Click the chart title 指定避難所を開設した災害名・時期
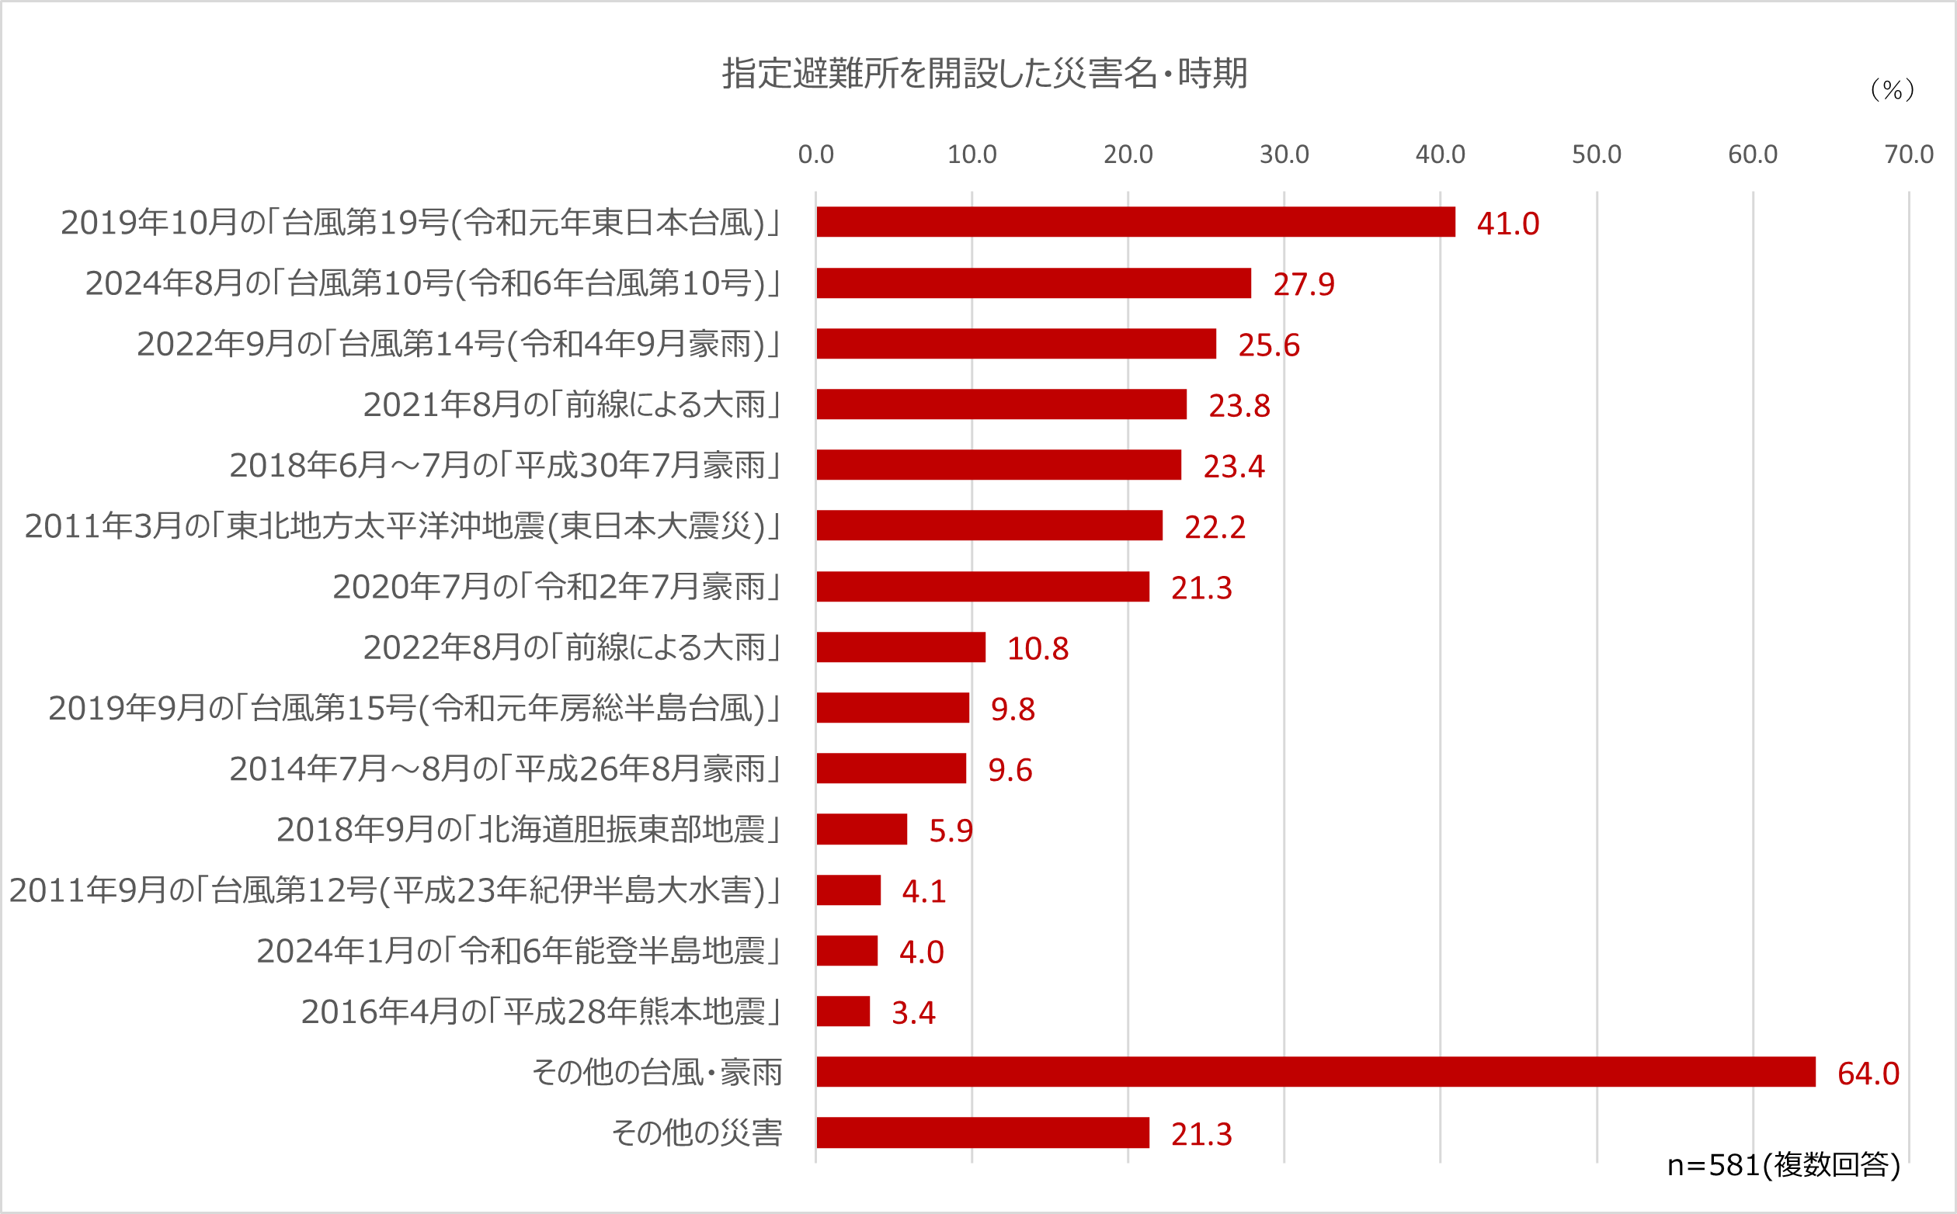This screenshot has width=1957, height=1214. coord(984,74)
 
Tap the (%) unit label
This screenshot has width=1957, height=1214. coord(1892,90)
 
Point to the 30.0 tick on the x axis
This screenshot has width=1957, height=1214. coord(1283,154)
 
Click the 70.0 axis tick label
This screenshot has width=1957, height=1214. coord(1908,154)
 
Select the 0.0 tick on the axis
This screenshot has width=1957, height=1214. coord(815,154)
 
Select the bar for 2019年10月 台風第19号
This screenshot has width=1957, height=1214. coord(1135,223)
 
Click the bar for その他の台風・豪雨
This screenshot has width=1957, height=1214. coord(1316,1072)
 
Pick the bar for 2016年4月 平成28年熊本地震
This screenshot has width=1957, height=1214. coord(843,1011)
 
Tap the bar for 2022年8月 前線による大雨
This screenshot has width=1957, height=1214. coord(900,647)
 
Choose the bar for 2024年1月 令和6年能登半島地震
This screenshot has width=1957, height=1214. coord(846,951)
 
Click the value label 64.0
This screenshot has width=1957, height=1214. coord(1868,1074)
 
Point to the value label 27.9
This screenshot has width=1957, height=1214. coord(1303,284)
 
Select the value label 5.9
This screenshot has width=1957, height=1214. coord(950,831)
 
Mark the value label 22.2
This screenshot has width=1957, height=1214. coord(1214,527)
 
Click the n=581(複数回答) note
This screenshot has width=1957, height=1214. coord(1784,1165)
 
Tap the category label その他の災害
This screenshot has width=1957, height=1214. coord(697,1133)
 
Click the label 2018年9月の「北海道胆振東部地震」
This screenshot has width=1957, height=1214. coord(528,830)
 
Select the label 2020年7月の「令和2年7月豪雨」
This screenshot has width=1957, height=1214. coord(557,587)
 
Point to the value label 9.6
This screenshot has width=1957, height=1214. coord(1010,770)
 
